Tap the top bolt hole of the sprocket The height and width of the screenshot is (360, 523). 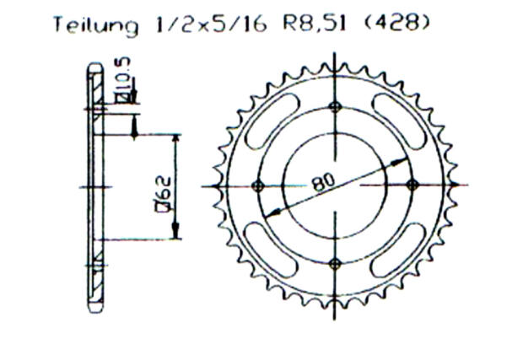336,106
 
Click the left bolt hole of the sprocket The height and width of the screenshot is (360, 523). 258,185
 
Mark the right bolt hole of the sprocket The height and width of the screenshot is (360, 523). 412,185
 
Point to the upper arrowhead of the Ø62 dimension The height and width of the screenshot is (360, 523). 175,140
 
